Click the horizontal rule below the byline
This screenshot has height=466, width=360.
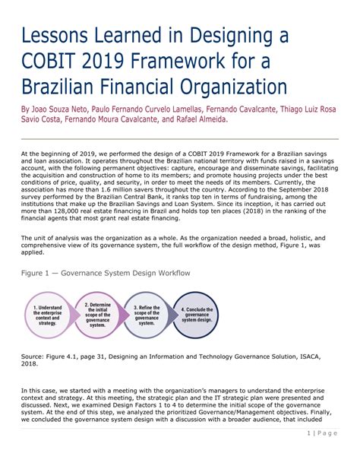tap(179, 138)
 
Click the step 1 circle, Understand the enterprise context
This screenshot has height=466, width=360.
tap(47, 314)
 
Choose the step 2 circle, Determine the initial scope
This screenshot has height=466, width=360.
tap(97, 314)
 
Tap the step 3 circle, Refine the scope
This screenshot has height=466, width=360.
tap(147, 314)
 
